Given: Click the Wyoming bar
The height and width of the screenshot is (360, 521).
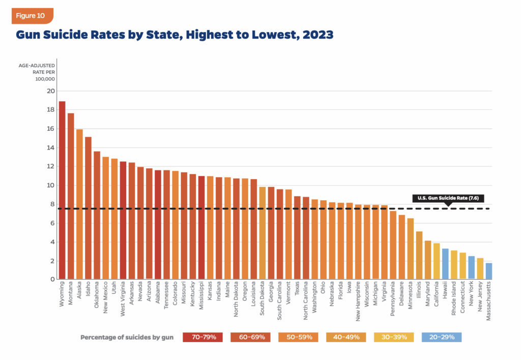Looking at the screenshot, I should [62, 190].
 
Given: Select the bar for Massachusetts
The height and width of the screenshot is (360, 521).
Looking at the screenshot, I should [489, 271].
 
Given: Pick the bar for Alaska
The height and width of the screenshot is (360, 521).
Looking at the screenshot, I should [79, 204].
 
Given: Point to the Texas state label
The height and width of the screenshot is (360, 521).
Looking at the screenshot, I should [298, 292].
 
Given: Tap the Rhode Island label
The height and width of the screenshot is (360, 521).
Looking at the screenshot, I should [454, 300].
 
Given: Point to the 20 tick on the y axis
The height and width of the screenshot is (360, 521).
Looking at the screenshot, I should [50, 91].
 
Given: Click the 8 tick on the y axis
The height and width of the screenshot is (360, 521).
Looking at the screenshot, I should [50, 204].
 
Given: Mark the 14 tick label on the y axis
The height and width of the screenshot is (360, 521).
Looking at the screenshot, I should [50, 148].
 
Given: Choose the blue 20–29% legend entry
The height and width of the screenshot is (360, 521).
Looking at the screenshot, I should [442, 337].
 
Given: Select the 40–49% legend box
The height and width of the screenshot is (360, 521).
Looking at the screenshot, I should [346, 337].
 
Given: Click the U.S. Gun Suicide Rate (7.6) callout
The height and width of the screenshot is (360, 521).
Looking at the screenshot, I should [448, 198].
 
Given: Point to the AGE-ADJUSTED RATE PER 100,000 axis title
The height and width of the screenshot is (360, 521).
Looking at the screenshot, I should [37, 73].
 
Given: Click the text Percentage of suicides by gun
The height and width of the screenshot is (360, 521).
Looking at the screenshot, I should [127, 337].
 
